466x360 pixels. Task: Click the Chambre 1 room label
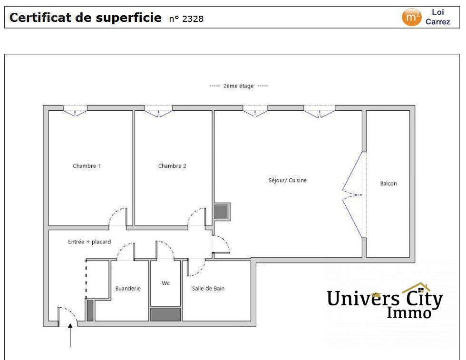87,166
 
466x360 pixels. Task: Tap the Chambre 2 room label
172,166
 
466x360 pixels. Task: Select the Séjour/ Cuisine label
288,180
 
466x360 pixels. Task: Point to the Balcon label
388,184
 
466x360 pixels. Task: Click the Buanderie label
128,288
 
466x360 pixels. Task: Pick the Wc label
165,283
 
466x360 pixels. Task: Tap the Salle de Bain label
208,288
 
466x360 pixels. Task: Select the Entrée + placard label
89,242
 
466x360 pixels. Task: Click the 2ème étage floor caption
239,86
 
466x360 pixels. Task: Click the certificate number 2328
193,19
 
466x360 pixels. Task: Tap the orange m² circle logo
411,18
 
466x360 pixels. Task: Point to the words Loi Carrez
437,17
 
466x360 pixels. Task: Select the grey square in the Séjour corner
221,211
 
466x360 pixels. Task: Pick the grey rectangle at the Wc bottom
165,314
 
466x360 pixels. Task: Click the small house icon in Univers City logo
416,288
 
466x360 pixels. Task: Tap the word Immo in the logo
409,312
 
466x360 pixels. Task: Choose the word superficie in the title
129,18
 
